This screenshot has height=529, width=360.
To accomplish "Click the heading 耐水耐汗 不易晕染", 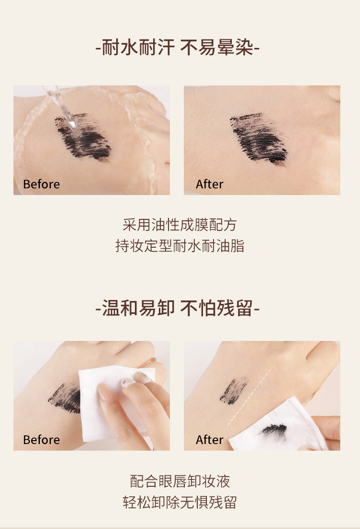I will [178, 48].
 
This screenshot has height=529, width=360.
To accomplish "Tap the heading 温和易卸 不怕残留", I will [178, 308].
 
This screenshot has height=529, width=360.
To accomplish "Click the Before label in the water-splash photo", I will [41, 184].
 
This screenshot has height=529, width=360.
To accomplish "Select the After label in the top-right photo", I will [210, 184].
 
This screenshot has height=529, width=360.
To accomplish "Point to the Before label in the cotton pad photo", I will [41, 440].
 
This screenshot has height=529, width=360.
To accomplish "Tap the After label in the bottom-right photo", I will [210, 440].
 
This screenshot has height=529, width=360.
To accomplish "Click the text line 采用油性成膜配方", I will [180, 224].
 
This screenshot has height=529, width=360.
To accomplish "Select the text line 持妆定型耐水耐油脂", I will [180, 246].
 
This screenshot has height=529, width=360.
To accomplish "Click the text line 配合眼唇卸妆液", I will [180, 481].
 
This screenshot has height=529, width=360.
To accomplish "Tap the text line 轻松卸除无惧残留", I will [180, 503].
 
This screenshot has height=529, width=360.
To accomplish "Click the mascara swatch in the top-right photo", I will [259, 137].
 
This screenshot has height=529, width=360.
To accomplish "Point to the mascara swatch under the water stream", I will [84, 137].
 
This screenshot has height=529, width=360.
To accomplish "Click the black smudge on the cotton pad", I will [274, 429].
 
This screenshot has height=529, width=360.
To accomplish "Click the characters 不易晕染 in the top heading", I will [219, 48].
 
